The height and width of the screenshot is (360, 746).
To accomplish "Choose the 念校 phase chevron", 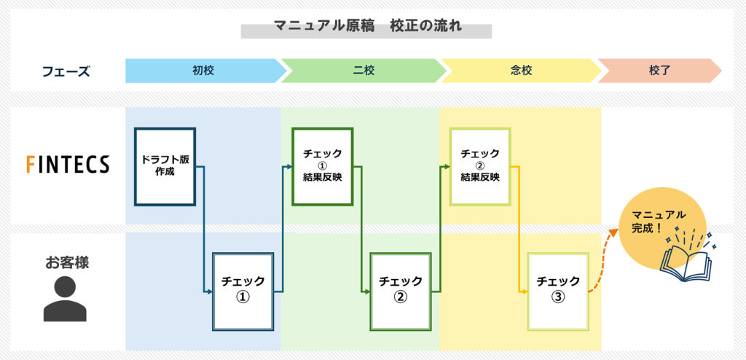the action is [x=522, y=71].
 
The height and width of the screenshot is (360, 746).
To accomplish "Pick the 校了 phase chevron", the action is [x=659, y=71].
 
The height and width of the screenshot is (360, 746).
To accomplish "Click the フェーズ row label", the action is [x=66, y=71].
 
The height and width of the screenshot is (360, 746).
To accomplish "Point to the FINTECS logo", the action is [x=68, y=165].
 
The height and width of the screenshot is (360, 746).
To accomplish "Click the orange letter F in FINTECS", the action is [x=31, y=165].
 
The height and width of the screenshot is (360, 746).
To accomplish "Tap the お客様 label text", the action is [x=67, y=262].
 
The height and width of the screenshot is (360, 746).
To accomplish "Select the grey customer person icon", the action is [x=65, y=299].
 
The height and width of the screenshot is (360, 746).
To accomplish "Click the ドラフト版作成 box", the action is [x=165, y=166].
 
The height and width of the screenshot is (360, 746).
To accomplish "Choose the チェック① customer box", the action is [x=243, y=291].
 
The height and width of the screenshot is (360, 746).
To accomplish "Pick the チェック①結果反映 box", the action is [x=323, y=166].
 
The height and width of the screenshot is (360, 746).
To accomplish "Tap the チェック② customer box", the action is [x=401, y=291].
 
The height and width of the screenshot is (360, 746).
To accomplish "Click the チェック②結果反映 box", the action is [x=481, y=166].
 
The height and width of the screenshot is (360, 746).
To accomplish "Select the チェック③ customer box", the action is [x=559, y=291].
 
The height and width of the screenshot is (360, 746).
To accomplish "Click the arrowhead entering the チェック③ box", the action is [x=525, y=291].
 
